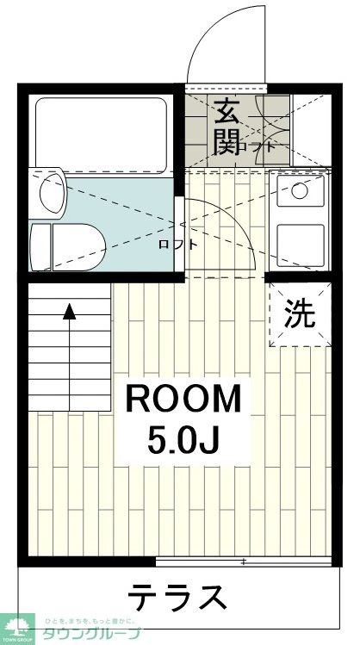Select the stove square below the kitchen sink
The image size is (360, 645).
coord(300,243)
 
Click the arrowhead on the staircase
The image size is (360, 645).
coord(69,312)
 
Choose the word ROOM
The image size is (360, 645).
coord(185,400)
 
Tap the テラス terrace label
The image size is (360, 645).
coord(178,596)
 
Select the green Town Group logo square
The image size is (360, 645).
coord(16,627)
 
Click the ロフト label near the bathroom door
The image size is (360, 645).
coord(177,244)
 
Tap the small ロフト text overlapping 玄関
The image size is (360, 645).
coord(260,146)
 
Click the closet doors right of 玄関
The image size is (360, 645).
coord(275,129)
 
